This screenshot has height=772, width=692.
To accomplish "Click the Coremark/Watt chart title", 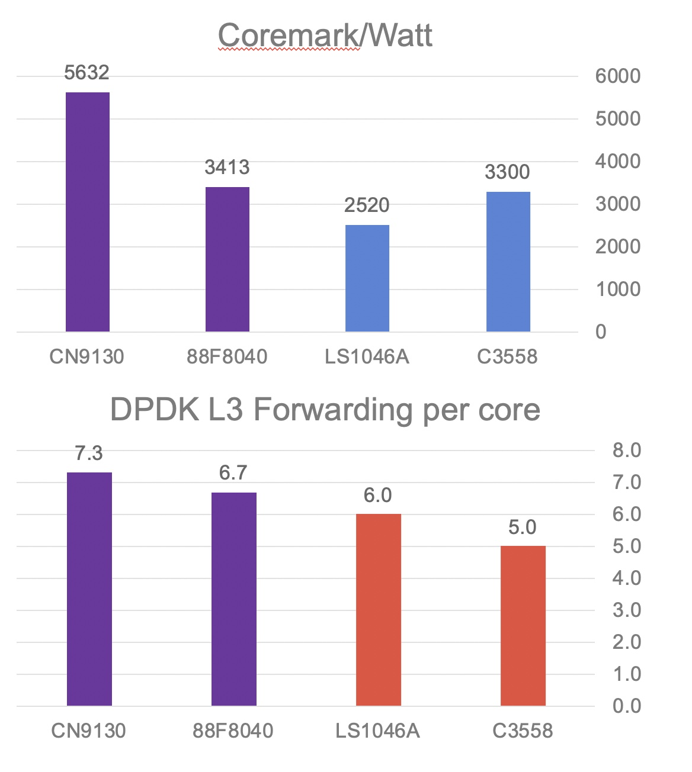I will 325,36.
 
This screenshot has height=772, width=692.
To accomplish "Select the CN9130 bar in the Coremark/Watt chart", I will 88,212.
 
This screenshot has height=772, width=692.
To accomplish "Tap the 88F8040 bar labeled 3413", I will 228,259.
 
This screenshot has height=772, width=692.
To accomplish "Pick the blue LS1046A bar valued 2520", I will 367,278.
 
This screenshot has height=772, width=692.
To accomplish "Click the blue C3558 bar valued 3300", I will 508,262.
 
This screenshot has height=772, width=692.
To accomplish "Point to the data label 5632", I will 86,73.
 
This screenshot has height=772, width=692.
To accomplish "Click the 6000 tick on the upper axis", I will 617,76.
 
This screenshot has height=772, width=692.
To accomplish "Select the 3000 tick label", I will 617,204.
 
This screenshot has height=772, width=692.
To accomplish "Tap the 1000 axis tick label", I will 617,289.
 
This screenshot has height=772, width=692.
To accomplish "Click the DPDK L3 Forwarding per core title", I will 325,410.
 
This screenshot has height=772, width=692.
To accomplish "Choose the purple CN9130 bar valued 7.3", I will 89,589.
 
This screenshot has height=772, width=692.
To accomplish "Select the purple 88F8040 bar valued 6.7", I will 234,599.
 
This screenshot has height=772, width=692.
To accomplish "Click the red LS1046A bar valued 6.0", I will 379,610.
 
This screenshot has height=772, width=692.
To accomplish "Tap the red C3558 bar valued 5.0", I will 523,626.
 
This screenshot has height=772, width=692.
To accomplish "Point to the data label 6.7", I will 233,473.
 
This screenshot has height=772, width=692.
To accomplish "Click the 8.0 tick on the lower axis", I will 627,451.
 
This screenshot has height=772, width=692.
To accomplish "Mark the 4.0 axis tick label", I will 627,578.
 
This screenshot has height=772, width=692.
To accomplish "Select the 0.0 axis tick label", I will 627,706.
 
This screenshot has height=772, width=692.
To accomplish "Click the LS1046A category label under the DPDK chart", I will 377,731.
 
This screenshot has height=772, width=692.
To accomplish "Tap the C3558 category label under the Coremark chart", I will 507,357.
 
